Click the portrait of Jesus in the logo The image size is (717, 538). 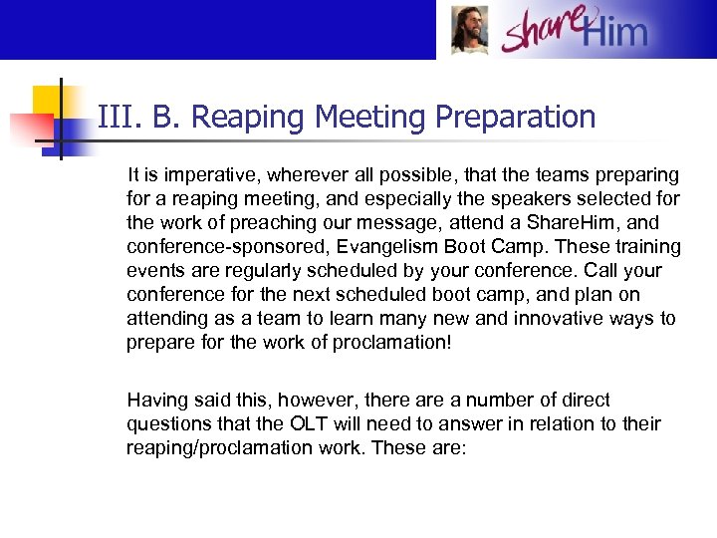(469, 30)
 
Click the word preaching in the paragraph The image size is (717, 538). (260, 223)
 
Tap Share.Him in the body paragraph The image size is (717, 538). (573, 223)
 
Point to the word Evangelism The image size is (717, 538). (380, 247)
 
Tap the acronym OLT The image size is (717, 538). (321, 424)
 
